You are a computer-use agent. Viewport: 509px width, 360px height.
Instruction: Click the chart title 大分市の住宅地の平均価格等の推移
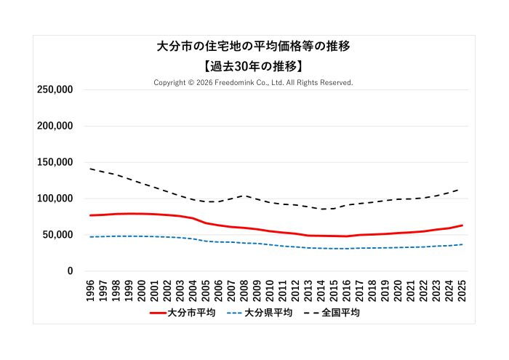coord(254,47)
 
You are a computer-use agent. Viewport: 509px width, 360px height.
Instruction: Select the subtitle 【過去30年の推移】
coord(254,65)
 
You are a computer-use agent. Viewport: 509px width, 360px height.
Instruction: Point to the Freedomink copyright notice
coord(253,83)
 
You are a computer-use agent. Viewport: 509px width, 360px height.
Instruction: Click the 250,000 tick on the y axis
coord(55,89)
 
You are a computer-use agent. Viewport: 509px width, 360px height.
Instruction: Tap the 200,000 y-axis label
coord(55,126)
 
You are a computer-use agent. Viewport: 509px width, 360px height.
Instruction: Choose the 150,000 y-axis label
coord(55,162)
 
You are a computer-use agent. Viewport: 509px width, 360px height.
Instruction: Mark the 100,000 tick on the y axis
coord(55,199)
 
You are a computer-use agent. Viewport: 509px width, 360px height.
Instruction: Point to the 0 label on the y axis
coord(70,271)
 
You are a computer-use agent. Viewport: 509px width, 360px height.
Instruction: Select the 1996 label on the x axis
coord(91,289)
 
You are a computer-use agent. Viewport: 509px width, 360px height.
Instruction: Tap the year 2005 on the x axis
coord(206,289)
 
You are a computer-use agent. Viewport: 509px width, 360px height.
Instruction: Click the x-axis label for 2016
coord(347,289)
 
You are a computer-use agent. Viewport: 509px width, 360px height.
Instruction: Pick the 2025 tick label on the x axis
coord(462,289)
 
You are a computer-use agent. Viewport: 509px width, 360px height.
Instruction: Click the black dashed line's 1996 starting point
coord(91,169)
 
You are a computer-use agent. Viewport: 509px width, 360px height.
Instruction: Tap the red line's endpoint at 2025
coord(462,225)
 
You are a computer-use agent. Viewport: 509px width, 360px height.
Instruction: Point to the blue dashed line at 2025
coord(462,244)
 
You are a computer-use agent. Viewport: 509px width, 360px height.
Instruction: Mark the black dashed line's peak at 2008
coord(244,196)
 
